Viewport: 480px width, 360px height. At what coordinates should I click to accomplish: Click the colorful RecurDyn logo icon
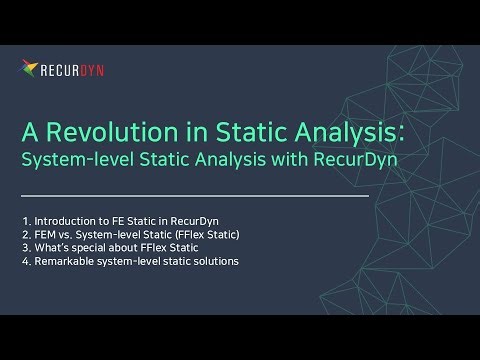click(x=30, y=69)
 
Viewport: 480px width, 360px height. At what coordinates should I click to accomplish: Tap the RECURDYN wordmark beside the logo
click(x=72, y=70)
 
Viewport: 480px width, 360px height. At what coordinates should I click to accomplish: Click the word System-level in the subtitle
click(x=66, y=159)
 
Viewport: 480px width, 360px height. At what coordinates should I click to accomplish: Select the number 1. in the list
click(x=26, y=220)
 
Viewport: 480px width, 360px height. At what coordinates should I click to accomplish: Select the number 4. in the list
click(x=26, y=262)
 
